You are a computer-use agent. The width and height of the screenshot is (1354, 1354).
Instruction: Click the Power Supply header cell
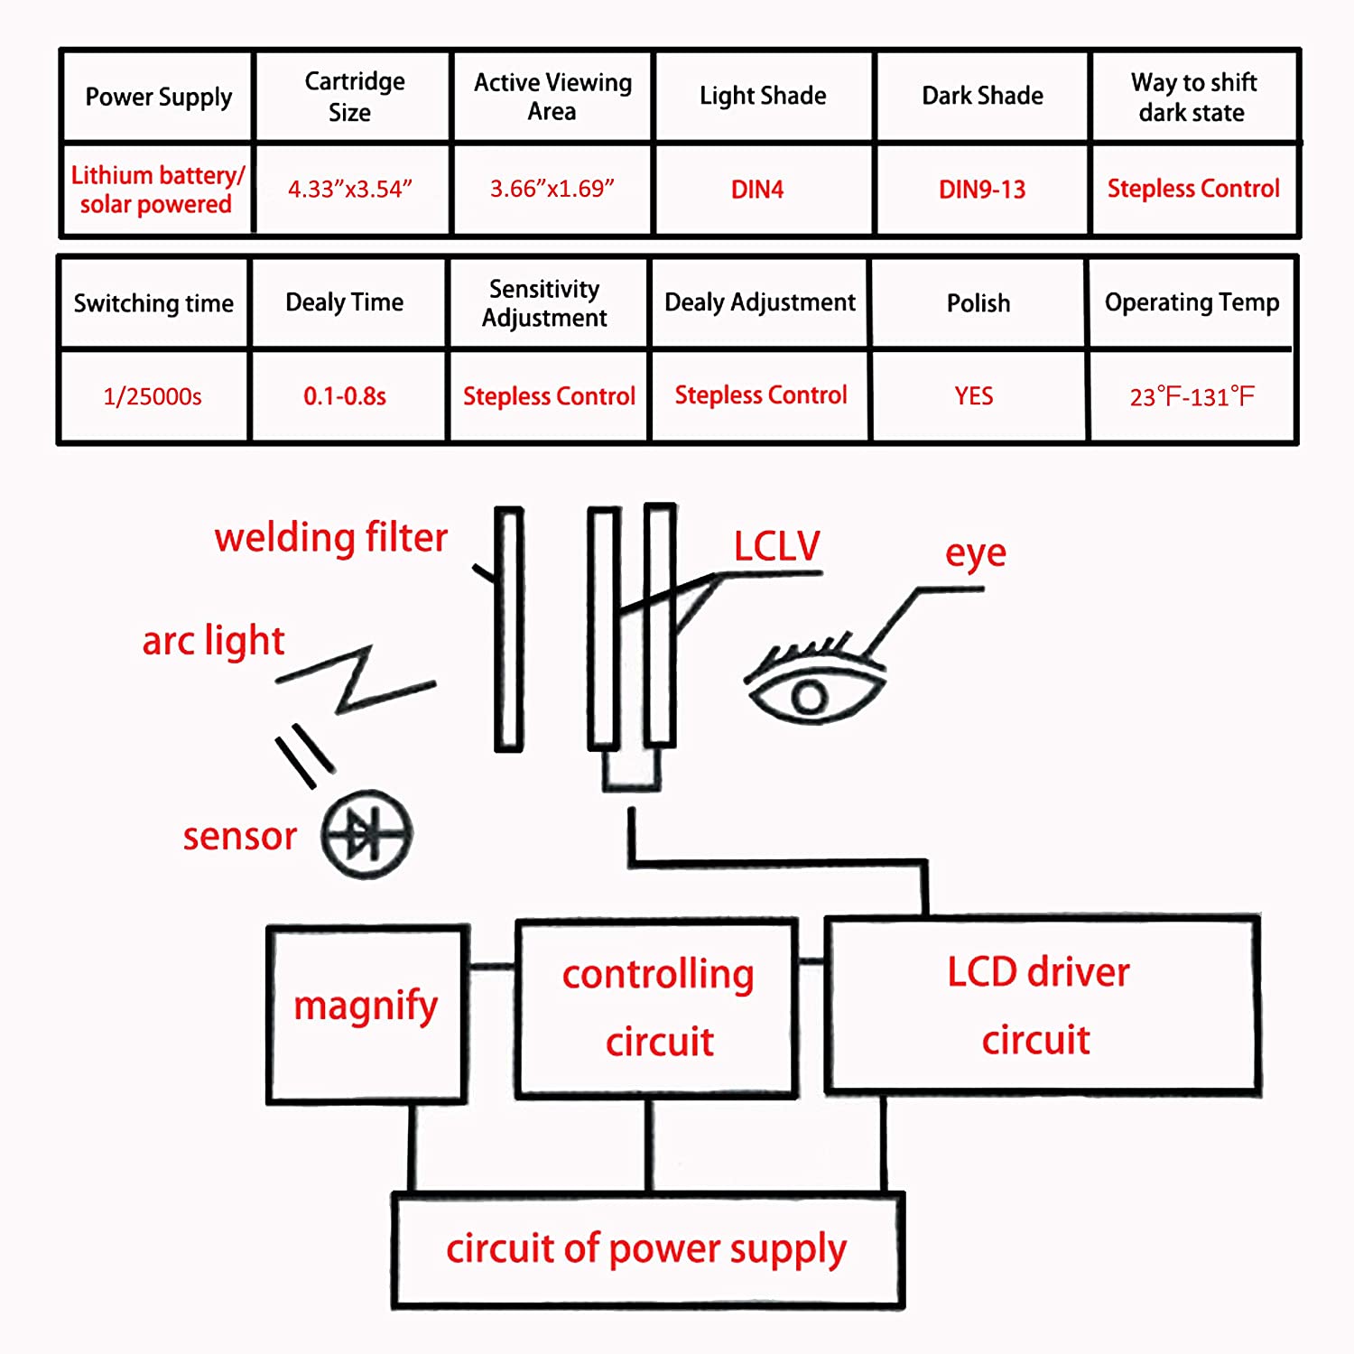(158, 97)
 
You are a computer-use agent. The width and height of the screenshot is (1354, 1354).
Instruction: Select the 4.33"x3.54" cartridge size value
(350, 190)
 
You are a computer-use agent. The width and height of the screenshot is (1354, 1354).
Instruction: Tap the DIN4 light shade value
(757, 190)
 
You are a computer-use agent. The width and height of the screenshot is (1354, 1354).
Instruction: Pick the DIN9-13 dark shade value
(982, 190)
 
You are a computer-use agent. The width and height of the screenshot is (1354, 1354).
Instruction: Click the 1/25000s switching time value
(153, 396)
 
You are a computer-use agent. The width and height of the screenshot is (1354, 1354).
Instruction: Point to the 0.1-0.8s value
(345, 396)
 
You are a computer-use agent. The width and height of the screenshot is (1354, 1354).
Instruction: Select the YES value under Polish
(974, 396)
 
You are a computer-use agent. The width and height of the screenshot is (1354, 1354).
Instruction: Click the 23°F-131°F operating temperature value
(1192, 396)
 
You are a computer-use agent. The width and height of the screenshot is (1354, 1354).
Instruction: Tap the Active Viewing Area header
(552, 97)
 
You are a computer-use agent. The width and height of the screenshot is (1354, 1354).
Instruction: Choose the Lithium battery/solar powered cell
(157, 190)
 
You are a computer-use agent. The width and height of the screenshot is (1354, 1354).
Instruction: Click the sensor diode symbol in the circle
(366, 835)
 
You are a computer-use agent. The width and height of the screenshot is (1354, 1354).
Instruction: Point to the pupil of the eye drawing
(810, 697)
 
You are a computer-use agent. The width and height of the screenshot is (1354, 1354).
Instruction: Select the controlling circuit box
(658, 1007)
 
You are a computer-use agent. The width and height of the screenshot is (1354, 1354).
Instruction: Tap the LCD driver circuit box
(1041, 1005)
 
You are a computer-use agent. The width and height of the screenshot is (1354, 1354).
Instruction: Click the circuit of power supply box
(647, 1250)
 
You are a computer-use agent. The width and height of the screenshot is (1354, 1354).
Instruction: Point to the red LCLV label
(776, 546)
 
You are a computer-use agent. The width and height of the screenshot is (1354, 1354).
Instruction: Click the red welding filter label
(330, 538)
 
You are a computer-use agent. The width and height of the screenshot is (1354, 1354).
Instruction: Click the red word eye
(975, 553)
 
